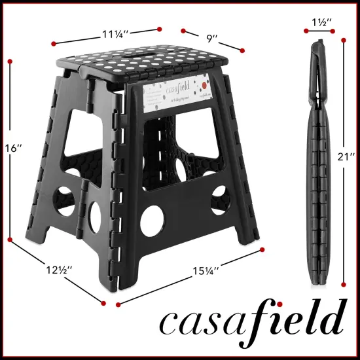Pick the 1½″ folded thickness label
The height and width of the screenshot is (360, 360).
coord(320,22)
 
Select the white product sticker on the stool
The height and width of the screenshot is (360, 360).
coord(177,97)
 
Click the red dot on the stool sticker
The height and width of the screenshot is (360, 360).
coord(204,84)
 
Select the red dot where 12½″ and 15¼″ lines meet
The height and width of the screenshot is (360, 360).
coord(103,302)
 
